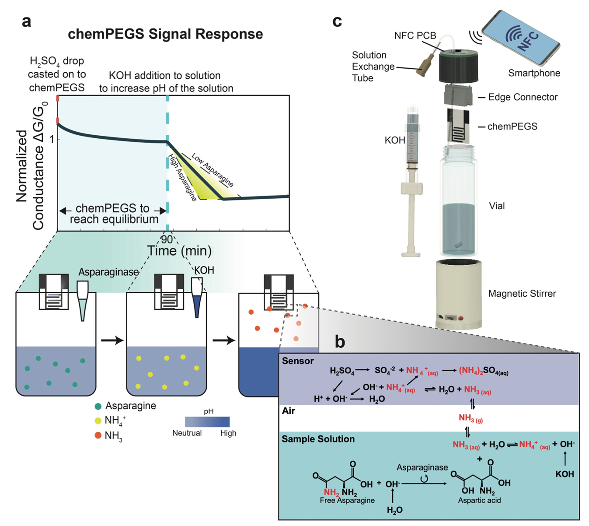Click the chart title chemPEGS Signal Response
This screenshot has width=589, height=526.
pos(165,34)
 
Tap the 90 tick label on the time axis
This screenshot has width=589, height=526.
pos(166,239)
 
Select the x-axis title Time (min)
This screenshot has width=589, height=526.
pos(179,251)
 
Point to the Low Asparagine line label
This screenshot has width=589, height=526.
pos(213,170)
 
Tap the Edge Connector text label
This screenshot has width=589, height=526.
pos(523,97)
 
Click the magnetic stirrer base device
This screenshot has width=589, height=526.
pos(459,294)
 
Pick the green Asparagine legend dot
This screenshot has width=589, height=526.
pos(98,406)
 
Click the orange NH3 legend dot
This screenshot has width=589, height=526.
pos(98,435)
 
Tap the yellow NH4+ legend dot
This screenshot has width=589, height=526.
pos(98,421)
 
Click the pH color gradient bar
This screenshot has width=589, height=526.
pos(207,421)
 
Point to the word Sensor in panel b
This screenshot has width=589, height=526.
pos(298,361)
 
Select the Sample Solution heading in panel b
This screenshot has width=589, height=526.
pos(318,439)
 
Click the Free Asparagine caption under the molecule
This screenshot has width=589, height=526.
pos(347,500)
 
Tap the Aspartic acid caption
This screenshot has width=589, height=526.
pos(479,500)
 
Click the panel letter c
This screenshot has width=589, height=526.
pos(337,21)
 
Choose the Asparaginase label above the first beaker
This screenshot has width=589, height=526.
pos(108,272)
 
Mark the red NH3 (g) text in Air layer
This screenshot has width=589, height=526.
pos(471,418)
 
